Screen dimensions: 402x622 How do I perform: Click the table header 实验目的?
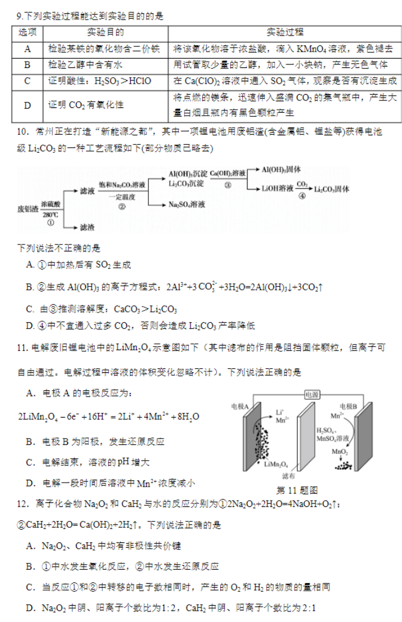pos(106,33)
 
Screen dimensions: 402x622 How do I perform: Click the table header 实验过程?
pos(285,33)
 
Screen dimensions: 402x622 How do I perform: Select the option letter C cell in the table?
pos(27,81)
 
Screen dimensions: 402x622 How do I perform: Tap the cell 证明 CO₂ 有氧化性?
pos(86,105)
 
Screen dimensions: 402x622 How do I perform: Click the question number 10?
pos(22,132)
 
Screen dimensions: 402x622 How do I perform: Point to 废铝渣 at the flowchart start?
pos(28,208)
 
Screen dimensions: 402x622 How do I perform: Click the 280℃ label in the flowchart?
pos(51,215)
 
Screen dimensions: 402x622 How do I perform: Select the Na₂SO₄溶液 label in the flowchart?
pos(187,204)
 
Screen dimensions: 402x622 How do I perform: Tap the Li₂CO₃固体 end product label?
pos(332,189)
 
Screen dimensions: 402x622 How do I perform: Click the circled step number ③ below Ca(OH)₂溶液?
pos(228,185)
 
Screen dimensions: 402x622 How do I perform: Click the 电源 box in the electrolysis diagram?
pos(312,395)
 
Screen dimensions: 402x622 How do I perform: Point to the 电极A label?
pos(240,406)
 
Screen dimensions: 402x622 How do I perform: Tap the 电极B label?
pos(349,406)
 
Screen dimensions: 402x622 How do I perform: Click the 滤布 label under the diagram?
pos(289,476)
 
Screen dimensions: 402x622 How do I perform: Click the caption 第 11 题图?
pos(297,490)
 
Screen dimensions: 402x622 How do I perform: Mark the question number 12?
pos(22,504)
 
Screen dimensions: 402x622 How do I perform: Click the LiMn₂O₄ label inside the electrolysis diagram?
pos(276,465)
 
